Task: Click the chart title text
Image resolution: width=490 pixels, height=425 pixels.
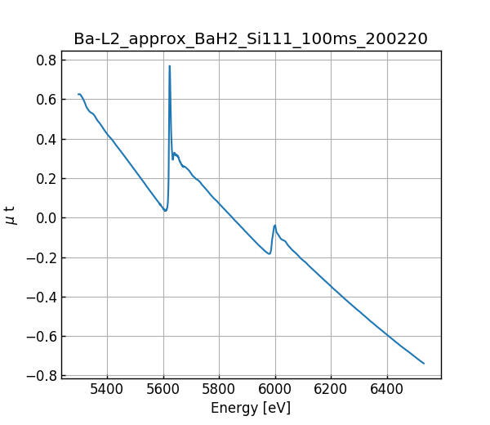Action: coord(251,39)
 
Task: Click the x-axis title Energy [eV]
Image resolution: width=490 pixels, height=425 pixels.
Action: coord(251,408)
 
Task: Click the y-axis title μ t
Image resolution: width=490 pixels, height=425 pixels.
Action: coord(11,215)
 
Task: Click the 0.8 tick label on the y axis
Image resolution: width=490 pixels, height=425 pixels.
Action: coord(47,60)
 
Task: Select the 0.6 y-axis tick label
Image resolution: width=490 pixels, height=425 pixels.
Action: coord(47,100)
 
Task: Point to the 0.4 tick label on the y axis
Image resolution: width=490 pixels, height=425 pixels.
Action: coord(47,139)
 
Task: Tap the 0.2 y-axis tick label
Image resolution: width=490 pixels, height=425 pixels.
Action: coord(47,178)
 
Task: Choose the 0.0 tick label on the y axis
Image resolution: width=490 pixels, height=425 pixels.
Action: coord(47,218)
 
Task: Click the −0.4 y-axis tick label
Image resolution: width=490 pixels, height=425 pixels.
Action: coord(42,297)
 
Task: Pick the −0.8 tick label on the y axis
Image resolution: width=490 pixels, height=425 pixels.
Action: coord(42,376)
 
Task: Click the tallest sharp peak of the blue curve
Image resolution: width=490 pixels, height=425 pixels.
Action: coord(170,66)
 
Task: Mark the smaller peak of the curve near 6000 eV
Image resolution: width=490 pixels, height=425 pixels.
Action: coord(275,225)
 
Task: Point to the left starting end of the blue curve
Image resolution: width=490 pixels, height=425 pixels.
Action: coord(78,94)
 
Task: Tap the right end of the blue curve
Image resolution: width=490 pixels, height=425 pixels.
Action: coord(424,363)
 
